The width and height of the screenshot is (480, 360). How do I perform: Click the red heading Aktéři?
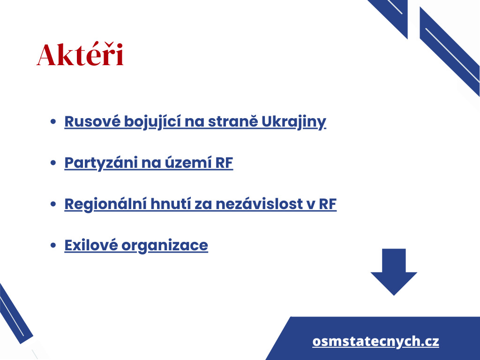(x=80, y=54)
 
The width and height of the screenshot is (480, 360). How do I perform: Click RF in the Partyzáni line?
(x=224, y=163)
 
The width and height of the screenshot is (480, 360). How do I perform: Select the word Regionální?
(x=105, y=204)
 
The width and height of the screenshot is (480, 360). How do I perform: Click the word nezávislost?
(x=259, y=204)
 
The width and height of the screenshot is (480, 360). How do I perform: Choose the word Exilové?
(x=91, y=245)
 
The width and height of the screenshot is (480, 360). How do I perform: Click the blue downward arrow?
(x=394, y=272)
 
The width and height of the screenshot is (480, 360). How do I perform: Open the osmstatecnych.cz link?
(x=375, y=341)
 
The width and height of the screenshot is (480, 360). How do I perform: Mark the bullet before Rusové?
(x=53, y=121)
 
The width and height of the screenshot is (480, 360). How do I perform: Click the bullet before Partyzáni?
(x=53, y=163)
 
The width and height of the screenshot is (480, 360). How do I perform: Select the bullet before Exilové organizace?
(x=53, y=245)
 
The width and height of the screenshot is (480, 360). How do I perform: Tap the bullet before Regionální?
(x=53, y=204)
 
